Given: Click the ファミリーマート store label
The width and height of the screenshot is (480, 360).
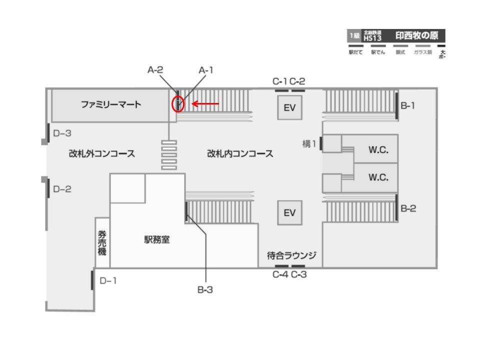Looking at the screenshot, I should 111,105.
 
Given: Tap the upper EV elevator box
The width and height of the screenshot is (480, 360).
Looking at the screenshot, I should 290,107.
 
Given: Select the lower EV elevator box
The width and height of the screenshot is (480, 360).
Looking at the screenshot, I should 290,212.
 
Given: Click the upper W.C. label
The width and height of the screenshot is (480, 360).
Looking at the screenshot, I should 378,149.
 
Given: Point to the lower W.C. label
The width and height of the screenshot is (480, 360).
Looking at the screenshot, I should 378,177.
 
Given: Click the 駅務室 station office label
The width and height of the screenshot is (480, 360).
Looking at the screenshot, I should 157,240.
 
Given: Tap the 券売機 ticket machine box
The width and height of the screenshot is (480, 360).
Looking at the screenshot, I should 102,242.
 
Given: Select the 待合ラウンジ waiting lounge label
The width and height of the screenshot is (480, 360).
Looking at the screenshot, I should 291,255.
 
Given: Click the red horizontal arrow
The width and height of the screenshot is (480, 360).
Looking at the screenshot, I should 205,104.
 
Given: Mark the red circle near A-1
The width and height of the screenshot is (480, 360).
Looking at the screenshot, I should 178,104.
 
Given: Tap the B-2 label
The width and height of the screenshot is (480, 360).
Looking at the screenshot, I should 408,208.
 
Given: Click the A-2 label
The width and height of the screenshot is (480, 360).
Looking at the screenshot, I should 155,70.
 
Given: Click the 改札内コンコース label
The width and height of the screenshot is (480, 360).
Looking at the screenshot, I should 240,154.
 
